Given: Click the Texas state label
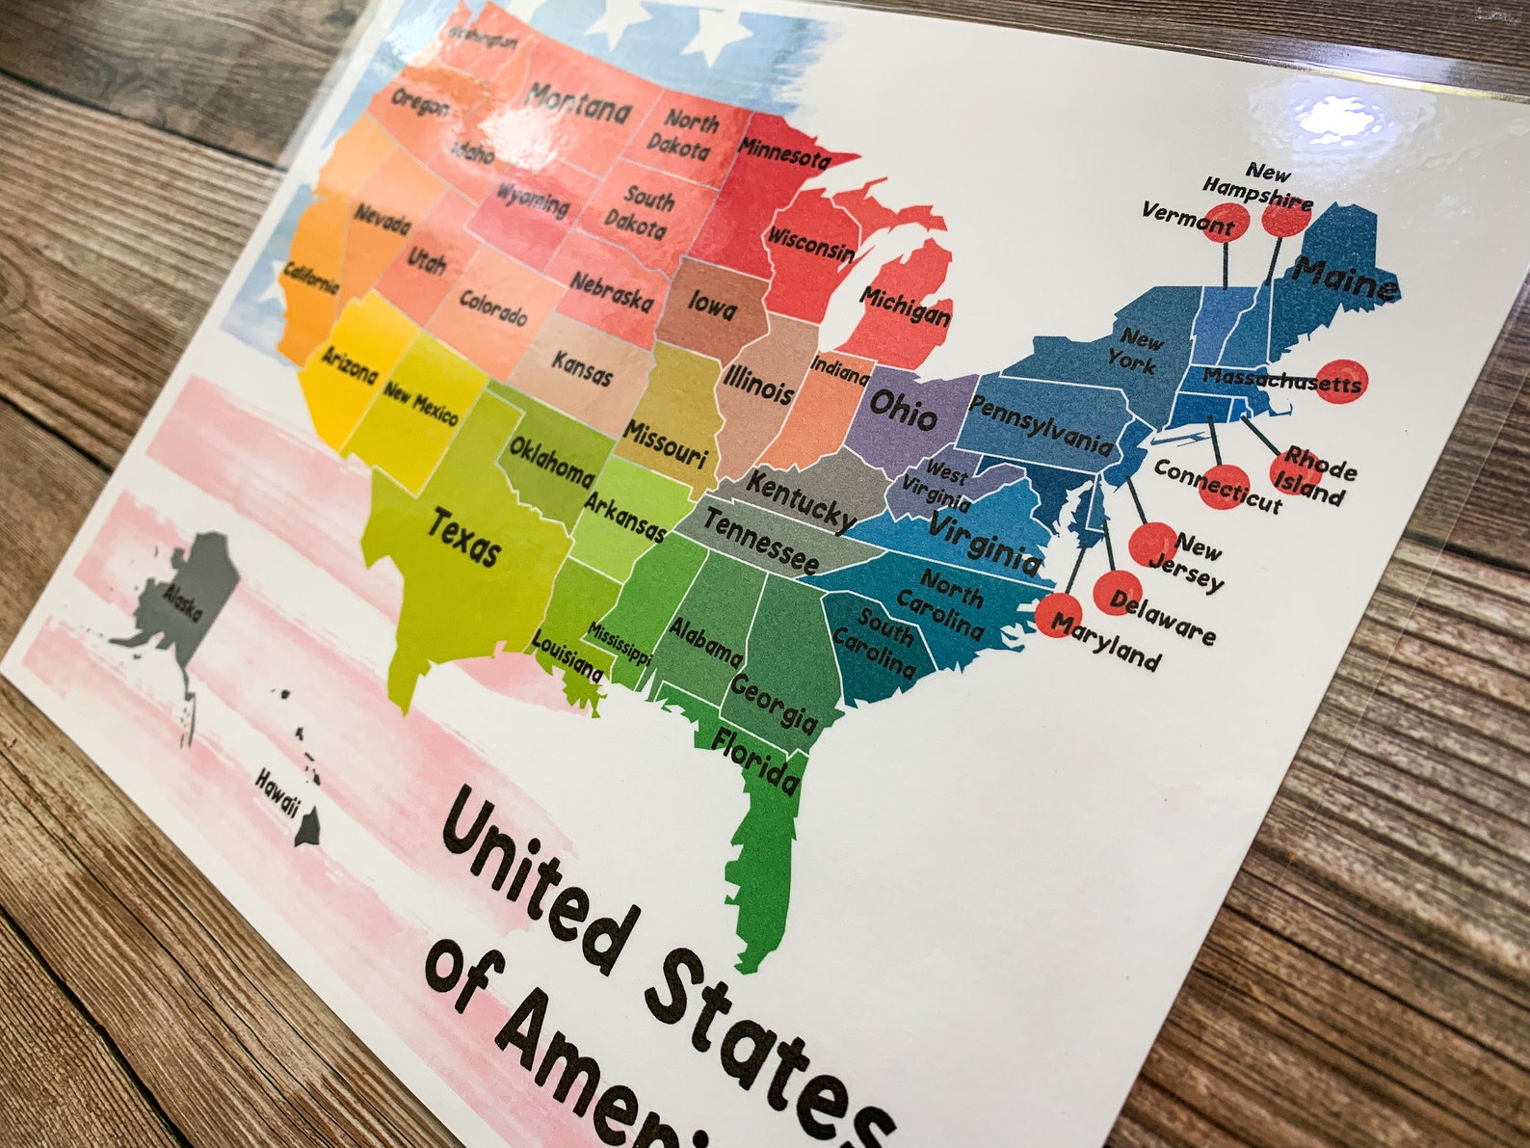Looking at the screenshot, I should coord(464,539).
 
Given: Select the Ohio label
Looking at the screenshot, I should coord(902,409).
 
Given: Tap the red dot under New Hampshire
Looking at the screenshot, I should coord(1286,216).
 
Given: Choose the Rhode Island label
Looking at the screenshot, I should coord(1316,476).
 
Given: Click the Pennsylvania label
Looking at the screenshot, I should coord(1040,425).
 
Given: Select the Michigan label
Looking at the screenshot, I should coord(906,306).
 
